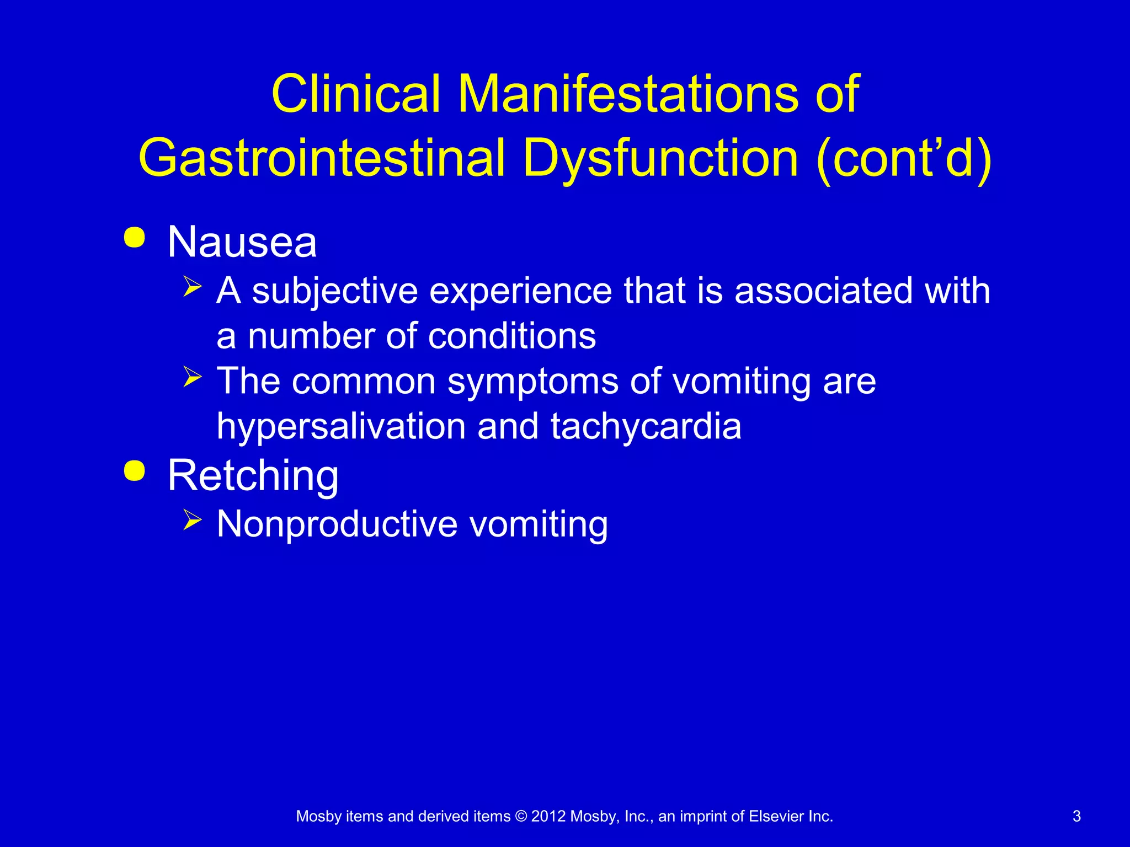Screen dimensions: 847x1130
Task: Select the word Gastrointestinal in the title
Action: point(322,158)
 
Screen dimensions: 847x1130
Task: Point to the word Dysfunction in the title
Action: point(660,158)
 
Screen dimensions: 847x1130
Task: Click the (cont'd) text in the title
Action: point(904,158)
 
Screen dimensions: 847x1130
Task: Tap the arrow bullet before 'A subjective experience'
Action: point(193,287)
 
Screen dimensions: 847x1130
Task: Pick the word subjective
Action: point(335,291)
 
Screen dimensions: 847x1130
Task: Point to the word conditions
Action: point(512,336)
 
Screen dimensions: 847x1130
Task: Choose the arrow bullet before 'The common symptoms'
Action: point(193,377)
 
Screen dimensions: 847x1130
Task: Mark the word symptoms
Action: point(533,381)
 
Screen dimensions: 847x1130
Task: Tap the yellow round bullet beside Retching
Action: point(135,471)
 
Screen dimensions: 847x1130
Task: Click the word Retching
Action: point(253,475)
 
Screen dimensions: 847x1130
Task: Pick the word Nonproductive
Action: point(337,523)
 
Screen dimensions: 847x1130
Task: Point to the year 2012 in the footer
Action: point(548,816)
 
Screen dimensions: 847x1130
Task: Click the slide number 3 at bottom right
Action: point(1076,816)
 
